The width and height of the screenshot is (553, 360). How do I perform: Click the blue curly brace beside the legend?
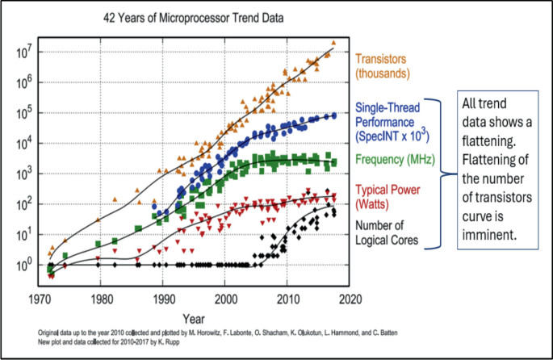pos(442,173)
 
